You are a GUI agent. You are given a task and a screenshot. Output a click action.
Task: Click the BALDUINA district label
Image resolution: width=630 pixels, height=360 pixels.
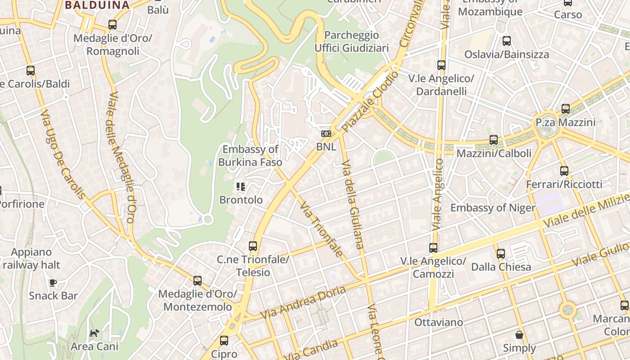[x=97, y=5]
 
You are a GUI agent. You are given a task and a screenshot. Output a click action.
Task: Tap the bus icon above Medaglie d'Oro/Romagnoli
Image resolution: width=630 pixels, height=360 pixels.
[x=112, y=25]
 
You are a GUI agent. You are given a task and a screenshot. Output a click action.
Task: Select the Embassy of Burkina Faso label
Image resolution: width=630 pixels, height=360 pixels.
[x=250, y=156]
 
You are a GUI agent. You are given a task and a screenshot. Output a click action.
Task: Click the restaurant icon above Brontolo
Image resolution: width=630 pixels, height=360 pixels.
[x=241, y=186]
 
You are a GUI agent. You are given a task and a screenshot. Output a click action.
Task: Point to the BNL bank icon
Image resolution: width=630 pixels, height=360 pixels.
[x=326, y=134]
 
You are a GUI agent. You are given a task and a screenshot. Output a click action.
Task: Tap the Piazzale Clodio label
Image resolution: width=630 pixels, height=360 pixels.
[x=369, y=101]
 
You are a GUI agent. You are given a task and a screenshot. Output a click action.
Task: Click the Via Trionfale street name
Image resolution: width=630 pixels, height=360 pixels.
[x=321, y=230]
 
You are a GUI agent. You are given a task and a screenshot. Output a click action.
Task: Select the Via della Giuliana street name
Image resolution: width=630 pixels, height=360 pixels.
[x=352, y=204]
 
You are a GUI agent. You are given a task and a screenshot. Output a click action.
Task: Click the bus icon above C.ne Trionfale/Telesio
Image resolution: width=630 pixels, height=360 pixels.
[x=253, y=246]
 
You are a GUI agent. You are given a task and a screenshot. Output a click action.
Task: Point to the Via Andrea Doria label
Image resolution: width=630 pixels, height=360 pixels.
[x=303, y=302]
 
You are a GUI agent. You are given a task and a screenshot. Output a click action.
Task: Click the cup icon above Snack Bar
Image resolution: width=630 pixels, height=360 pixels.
[x=53, y=283]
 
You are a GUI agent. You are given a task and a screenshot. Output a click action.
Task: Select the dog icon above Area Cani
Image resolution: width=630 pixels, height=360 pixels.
[x=94, y=333]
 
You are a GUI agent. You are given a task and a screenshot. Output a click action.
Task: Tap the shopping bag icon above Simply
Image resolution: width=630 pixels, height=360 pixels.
[x=519, y=335]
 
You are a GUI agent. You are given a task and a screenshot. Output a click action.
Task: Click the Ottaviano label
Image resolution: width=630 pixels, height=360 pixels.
[x=439, y=322]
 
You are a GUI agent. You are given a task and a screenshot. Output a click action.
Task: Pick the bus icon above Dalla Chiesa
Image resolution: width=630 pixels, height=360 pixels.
[x=501, y=254]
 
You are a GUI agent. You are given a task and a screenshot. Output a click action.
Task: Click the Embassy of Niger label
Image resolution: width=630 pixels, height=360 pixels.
[x=493, y=208]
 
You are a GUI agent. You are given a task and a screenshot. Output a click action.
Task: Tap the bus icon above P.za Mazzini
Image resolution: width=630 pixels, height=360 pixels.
[x=566, y=109]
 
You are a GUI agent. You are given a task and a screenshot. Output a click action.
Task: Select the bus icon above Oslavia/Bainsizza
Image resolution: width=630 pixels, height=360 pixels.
[x=507, y=41]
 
